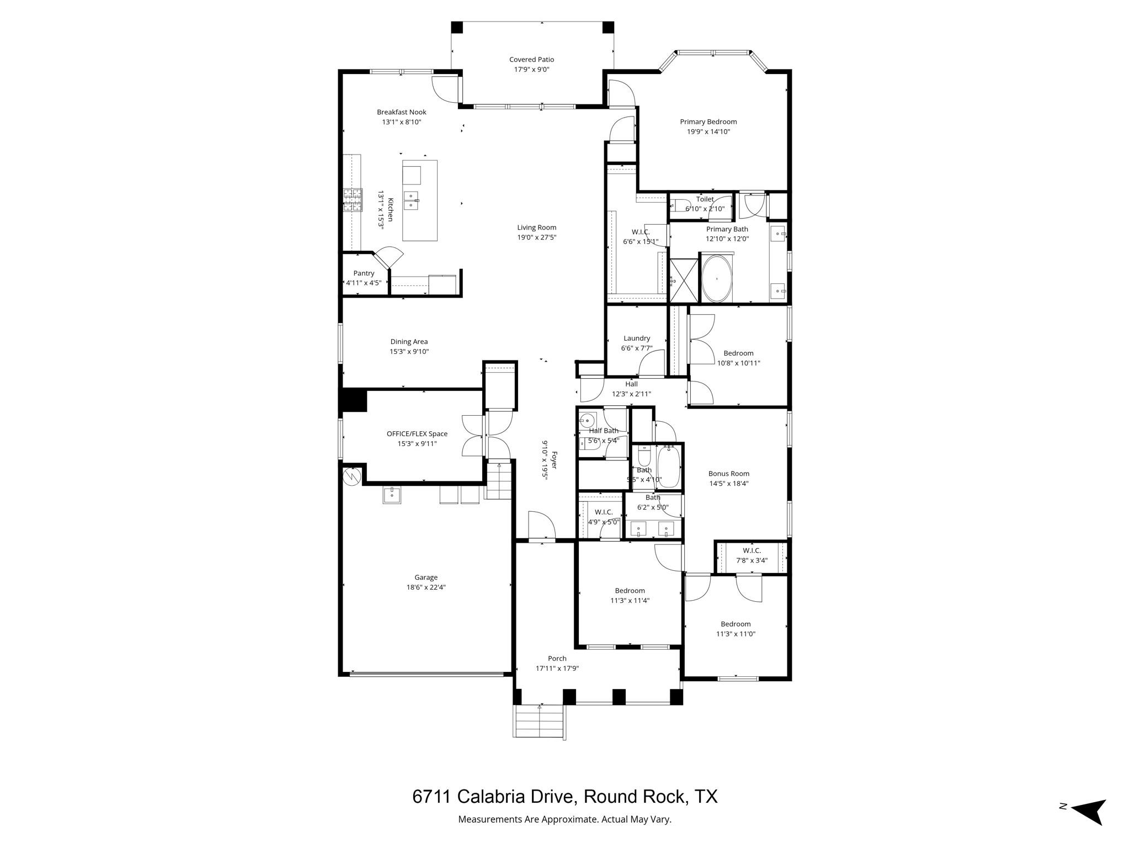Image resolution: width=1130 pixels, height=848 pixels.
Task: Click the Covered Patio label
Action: click(531, 60)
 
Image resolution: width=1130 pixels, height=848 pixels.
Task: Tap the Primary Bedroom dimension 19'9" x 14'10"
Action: click(708, 132)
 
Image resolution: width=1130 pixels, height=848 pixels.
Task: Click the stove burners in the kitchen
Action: click(353, 200)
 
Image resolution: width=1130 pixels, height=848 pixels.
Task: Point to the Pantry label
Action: click(364, 273)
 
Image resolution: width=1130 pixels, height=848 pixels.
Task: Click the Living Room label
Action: click(536, 227)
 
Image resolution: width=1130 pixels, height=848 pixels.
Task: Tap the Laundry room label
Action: click(637, 338)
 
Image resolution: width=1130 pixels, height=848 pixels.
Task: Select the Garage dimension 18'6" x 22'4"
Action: click(426, 587)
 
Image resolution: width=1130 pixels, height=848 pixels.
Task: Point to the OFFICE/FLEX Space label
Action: click(417, 434)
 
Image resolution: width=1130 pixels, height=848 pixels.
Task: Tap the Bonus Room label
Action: click(728, 474)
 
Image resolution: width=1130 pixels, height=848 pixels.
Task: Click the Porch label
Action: click(557, 659)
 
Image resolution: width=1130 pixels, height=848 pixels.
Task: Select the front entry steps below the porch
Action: click(540, 722)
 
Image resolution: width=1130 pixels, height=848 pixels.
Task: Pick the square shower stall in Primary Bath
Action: click(684, 281)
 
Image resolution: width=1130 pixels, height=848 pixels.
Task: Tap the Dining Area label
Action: click(409, 342)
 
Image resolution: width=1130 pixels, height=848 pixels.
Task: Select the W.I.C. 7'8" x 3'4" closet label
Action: click(751, 550)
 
